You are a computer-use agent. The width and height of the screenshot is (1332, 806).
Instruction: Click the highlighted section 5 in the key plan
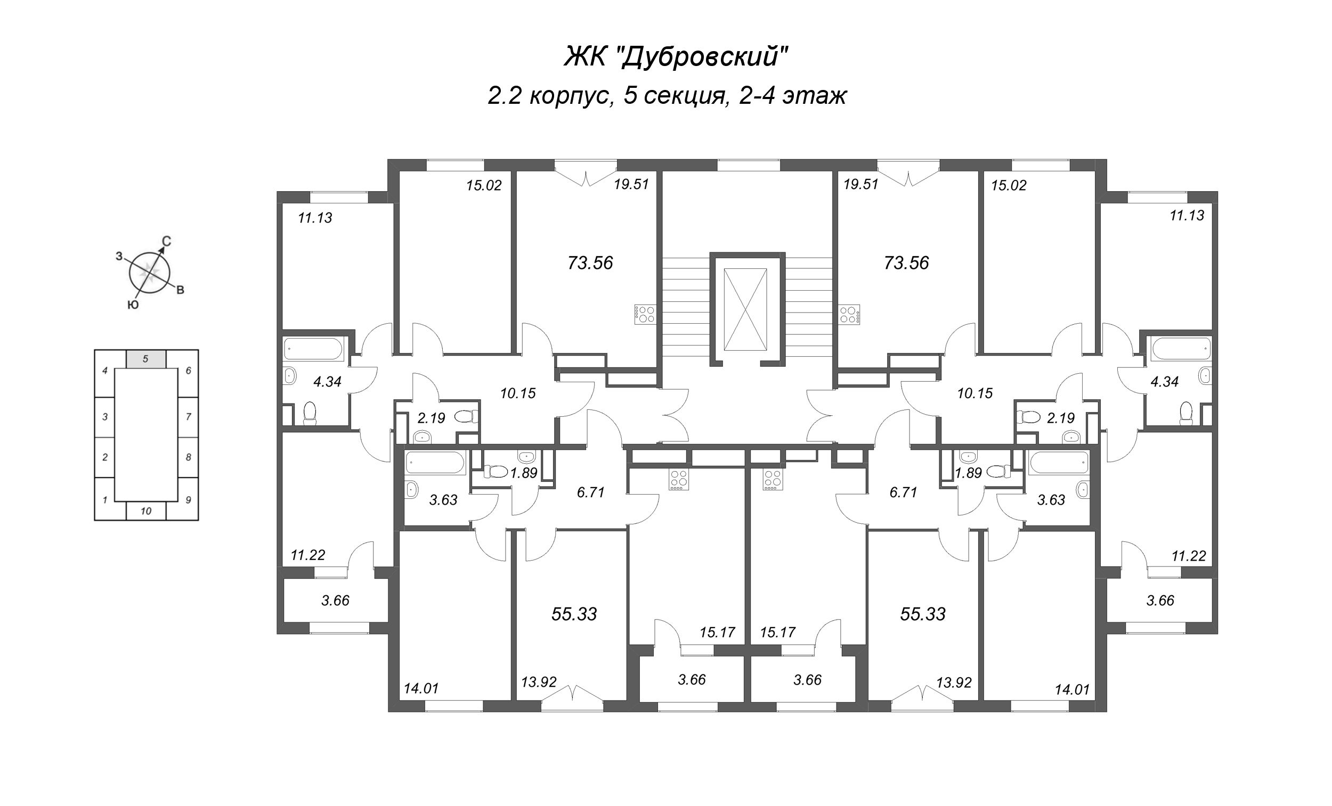tap(146, 358)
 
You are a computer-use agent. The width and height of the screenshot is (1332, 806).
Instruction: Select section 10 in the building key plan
tap(146, 511)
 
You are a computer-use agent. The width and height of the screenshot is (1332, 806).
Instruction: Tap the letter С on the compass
tap(167, 242)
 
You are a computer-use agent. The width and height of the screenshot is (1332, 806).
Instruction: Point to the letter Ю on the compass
tap(133, 305)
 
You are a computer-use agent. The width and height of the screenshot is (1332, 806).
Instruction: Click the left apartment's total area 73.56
tap(590, 263)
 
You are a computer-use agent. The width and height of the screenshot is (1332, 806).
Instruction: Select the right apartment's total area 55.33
tap(923, 614)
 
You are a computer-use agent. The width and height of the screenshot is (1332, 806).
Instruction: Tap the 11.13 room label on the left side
tap(315, 218)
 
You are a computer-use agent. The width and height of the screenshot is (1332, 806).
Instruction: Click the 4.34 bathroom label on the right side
tap(1164, 382)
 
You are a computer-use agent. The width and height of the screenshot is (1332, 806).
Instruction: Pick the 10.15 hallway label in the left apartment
tap(518, 393)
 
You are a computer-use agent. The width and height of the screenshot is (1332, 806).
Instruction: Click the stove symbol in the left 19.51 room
tap(644, 315)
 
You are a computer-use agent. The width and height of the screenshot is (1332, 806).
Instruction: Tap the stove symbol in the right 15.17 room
tap(773, 480)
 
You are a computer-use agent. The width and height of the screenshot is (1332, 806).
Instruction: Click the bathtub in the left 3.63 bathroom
tap(435, 463)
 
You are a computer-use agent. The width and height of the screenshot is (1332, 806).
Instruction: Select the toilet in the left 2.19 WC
tap(466, 416)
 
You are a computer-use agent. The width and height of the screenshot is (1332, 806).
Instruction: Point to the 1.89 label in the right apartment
tap(969, 473)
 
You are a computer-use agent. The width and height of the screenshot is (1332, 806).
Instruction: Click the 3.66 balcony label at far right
tap(1160, 601)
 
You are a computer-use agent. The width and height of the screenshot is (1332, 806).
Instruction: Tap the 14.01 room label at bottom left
tap(421, 689)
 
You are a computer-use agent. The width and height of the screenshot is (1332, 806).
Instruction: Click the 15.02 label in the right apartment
tap(1009, 186)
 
